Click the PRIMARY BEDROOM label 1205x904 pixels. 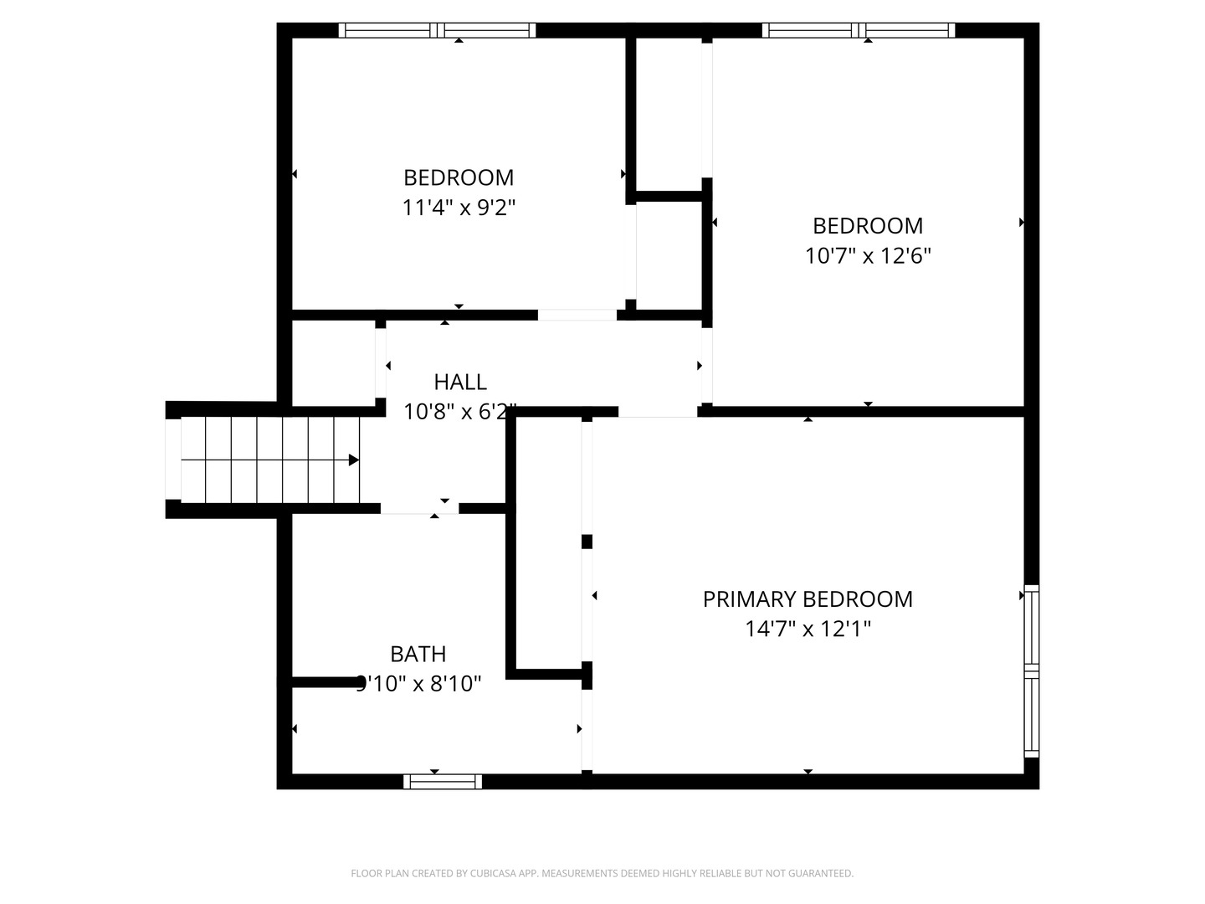click(808, 599)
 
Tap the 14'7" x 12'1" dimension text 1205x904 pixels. click(808, 629)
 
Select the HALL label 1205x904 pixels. click(460, 383)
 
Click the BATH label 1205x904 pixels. click(418, 654)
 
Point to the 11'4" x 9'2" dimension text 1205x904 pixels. click(459, 208)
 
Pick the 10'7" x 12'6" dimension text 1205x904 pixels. click(868, 255)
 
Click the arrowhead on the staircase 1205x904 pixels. click(354, 460)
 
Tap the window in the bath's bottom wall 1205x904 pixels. click(443, 782)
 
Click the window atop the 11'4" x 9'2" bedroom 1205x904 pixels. click(437, 31)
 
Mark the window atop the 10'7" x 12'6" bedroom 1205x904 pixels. click(859, 31)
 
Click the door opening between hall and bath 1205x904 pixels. click(419, 508)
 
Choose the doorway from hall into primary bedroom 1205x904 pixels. click(658, 412)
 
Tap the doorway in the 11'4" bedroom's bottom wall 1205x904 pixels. click(577, 316)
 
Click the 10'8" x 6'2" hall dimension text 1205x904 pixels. click(460, 412)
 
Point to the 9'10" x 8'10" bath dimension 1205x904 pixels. click(418, 684)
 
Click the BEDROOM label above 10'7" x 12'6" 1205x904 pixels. click(868, 226)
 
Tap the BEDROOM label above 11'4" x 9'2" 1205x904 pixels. click(459, 177)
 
